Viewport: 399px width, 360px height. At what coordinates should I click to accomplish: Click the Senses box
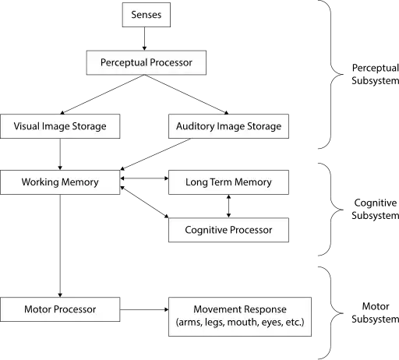(x=147, y=15)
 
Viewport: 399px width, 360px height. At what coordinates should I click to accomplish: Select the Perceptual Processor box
(x=147, y=62)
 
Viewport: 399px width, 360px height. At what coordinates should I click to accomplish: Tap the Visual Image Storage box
(x=60, y=126)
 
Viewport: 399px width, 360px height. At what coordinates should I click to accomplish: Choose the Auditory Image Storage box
(x=228, y=126)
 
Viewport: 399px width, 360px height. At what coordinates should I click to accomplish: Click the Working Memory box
(x=60, y=182)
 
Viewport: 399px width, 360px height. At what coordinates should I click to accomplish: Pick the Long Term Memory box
(x=228, y=182)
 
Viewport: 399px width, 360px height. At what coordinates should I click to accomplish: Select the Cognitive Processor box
(x=228, y=230)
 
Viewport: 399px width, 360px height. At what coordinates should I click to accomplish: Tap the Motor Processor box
(x=60, y=309)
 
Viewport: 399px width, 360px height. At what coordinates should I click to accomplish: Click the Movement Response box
(x=240, y=316)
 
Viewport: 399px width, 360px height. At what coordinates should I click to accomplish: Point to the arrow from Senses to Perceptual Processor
(x=144, y=39)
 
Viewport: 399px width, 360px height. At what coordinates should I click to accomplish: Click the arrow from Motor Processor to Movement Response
(x=144, y=309)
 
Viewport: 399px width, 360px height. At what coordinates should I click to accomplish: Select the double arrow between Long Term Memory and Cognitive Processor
(x=228, y=206)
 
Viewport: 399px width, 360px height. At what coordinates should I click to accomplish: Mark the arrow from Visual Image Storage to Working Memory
(x=60, y=154)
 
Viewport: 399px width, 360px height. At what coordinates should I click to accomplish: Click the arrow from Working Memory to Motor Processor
(x=60, y=245)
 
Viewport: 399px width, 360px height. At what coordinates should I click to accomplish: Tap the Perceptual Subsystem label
(x=375, y=74)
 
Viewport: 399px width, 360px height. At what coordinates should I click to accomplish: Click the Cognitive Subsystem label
(x=375, y=209)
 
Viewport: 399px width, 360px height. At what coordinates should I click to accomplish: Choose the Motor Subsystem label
(x=375, y=312)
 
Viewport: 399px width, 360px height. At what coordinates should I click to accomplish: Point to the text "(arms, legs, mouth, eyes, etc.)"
(x=240, y=323)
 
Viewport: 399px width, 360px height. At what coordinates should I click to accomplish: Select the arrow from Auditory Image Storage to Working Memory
(x=156, y=154)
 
